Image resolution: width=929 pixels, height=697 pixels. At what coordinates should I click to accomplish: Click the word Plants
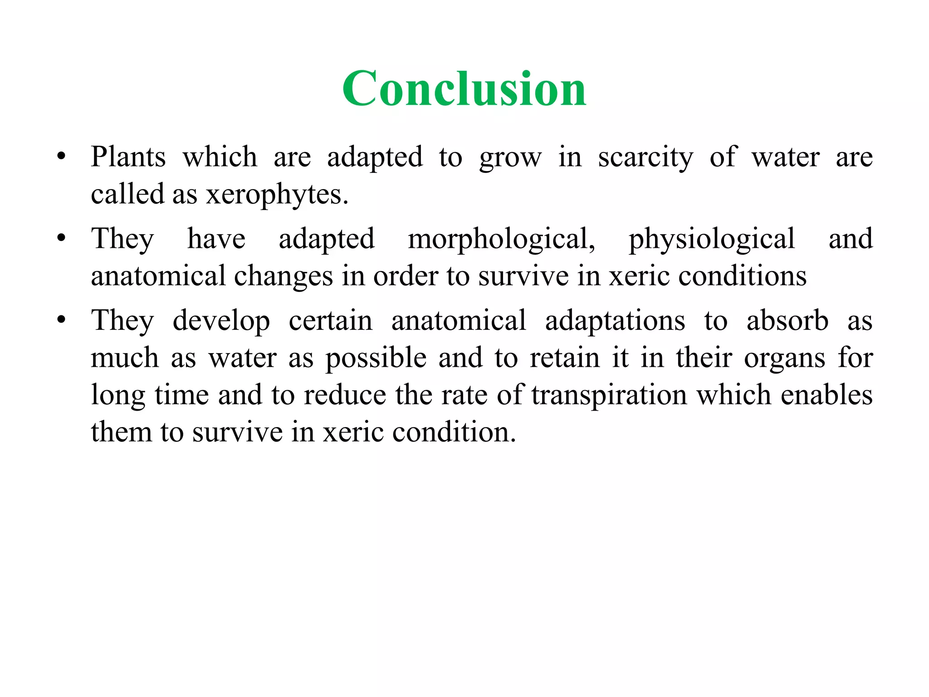pos(128,157)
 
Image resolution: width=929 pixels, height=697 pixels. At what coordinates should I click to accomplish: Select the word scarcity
pos(645,158)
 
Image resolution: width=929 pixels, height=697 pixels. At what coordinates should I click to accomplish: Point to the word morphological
pos(501,240)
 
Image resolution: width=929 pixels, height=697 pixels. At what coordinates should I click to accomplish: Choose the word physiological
pos(712,240)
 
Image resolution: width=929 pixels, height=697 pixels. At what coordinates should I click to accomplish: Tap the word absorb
pos(787,321)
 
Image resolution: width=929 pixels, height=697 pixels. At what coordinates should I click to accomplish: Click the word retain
pos(565,358)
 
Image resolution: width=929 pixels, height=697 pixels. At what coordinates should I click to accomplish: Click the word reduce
pos(345,395)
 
